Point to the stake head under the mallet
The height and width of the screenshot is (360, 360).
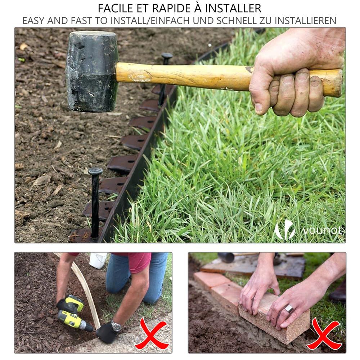(x=167, y=57)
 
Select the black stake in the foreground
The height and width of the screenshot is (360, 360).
(x=95, y=202)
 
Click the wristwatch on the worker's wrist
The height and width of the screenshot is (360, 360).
(x=116, y=326)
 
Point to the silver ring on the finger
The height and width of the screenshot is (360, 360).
(x=289, y=309)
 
